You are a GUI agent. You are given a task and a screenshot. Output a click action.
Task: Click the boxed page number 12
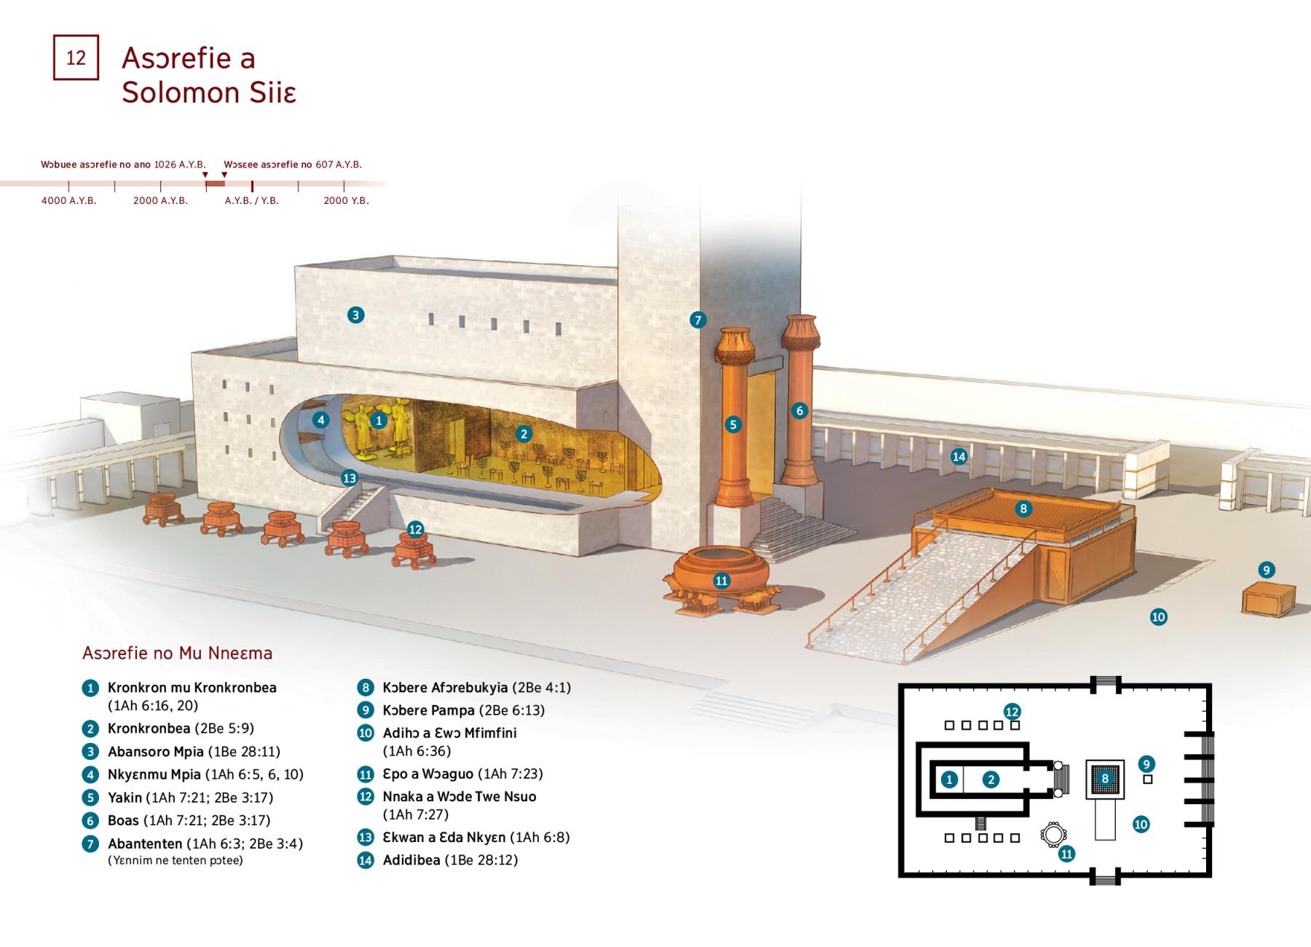click(76, 58)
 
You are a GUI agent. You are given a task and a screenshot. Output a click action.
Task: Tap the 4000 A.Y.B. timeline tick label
click(68, 200)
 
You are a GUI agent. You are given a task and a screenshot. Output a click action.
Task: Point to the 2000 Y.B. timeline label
click(346, 200)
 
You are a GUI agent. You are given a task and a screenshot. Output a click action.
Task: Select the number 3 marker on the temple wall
click(355, 315)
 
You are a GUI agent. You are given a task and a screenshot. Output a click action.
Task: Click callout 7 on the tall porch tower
click(698, 319)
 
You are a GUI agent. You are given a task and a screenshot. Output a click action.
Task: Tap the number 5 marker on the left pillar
click(733, 425)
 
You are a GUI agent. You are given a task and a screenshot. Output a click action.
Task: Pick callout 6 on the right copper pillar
click(800, 411)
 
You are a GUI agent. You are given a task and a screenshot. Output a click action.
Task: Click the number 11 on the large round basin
click(722, 581)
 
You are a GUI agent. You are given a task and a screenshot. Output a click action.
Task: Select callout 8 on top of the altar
click(1023, 508)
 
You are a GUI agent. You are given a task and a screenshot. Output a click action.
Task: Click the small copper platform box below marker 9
click(1268, 601)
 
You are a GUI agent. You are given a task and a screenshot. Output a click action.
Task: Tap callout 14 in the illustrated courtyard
click(959, 457)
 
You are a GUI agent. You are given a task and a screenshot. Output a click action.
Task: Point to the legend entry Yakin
click(125, 798)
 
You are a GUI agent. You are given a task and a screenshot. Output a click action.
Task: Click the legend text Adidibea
click(412, 860)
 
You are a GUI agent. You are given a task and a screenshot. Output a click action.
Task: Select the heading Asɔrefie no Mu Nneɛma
click(178, 653)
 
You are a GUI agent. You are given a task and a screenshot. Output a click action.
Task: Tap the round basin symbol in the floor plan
click(1053, 835)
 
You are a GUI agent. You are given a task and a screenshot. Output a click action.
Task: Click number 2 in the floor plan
click(991, 779)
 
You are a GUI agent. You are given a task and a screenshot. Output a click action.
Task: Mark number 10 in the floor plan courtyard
click(1141, 825)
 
